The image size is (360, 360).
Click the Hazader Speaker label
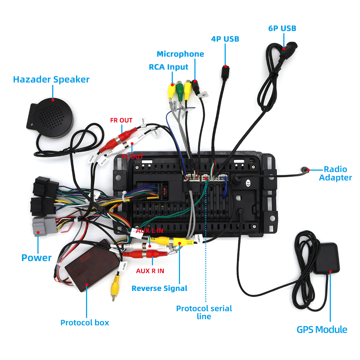tap(51, 79)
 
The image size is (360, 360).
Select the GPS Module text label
tap(322, 329)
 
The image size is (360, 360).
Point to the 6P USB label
tap(282, 28)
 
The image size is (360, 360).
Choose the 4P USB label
tap(225, 39)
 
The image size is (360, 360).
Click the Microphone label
tap(180, 54)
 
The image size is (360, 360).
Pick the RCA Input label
tap(168, 67)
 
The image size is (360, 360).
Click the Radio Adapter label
tap(335, 173)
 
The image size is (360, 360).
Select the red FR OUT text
tap(121, 120)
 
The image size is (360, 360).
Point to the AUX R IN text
tap(150, 271)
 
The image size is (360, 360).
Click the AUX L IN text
tap(149, 230)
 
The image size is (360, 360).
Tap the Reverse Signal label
tap(159, 288)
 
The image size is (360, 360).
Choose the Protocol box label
tap(85, 323)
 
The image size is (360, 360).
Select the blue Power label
tap(37, 258)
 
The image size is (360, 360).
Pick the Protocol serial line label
tap(204, 312)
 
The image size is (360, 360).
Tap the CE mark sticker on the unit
tap(248, 183)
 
